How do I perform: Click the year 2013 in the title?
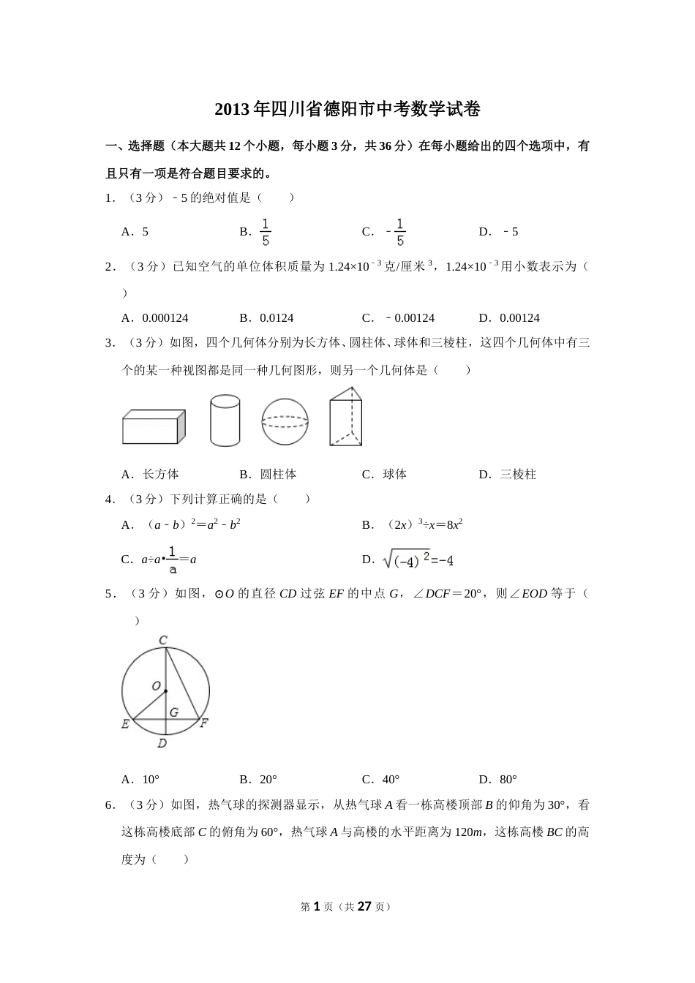point(232,110)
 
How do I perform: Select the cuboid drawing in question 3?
point(153,427)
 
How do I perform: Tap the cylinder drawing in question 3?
point(225,421)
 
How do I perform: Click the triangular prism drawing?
point(345,417)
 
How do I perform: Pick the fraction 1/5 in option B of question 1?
point(266,232)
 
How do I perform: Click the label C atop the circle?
point(163,641)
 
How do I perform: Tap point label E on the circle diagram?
point(125,725)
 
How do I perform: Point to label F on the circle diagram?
point(204,724)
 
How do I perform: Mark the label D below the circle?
point(162,744)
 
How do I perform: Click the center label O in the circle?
point(156,686)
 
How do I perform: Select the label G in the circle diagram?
point(173,712)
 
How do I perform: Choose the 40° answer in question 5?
point(391,780)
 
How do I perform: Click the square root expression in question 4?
point(418,560)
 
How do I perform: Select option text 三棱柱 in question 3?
point(518,475)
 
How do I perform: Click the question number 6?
point(109,805)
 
